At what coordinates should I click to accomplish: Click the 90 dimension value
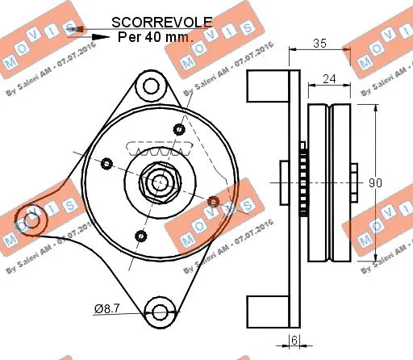pyautogui.click(x=375, y=183)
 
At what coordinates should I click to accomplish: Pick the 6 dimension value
pyautogui.click(x=295, y=341)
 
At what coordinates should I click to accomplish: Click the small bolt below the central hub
pyautogui.click(x=141, y=236)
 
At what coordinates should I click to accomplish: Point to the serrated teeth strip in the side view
pyautogui.click(x=303, y=183)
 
